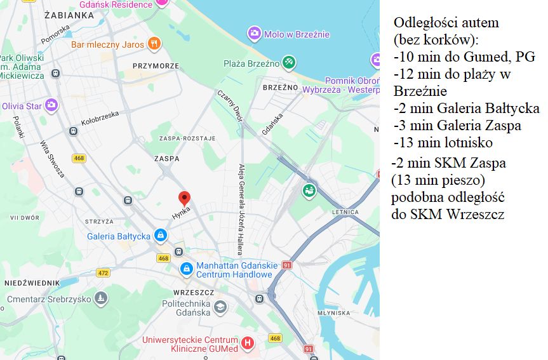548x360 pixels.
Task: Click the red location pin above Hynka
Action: pyautogui.click(x=184, y=197)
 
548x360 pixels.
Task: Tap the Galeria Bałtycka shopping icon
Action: pyautogui.click(x=161, y=236)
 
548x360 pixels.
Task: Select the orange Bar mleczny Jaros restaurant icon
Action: pyautogui.click(x=153, y=44)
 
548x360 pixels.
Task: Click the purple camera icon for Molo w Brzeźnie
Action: pyautogui.click(x=254, y=34)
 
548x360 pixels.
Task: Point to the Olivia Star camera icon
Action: pyautogui.click(x=51, y=105)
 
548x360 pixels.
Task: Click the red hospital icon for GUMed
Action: pyautogui.click(x=247, y=343)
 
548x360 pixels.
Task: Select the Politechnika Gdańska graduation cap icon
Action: pyautogui.click(x=220, y=307)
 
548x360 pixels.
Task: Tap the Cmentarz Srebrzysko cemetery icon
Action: pyautogui.click(x=100, y=298)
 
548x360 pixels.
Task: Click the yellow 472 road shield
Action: pyautogui.click(x=103, y=272)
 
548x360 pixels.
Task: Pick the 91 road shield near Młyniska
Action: pyautogui.click(x=309, y=349)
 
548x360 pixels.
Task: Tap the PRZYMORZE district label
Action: pyautogui.click(x=155, y=65)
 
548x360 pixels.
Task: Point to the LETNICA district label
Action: pyautogui.click(x=345, y=211)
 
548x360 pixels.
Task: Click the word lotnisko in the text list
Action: pyautogui.click(x=468, y=142)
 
